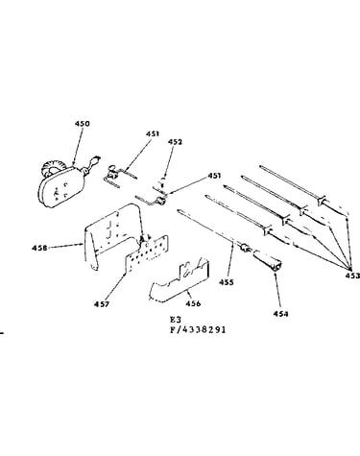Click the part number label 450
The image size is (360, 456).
coord(83,124)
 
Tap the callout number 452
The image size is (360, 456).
coord(175,142)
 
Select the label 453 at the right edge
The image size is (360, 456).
coord(352,276)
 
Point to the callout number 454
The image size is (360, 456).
coord(280,314)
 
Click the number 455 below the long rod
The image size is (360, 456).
coord(227,282)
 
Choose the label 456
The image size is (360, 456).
coord(193,303)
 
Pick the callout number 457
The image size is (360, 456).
coord(102,304)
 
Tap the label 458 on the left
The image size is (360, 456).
coord(39,248)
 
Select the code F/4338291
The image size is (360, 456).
coord(198,329)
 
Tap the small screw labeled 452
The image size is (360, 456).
coord(163,182)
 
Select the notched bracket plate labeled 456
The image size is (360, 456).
coord(180,281)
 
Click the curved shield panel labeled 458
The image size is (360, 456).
coord(112,233)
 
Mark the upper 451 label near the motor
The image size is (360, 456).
coord(153,133)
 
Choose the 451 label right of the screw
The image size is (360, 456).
coord(214,176)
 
